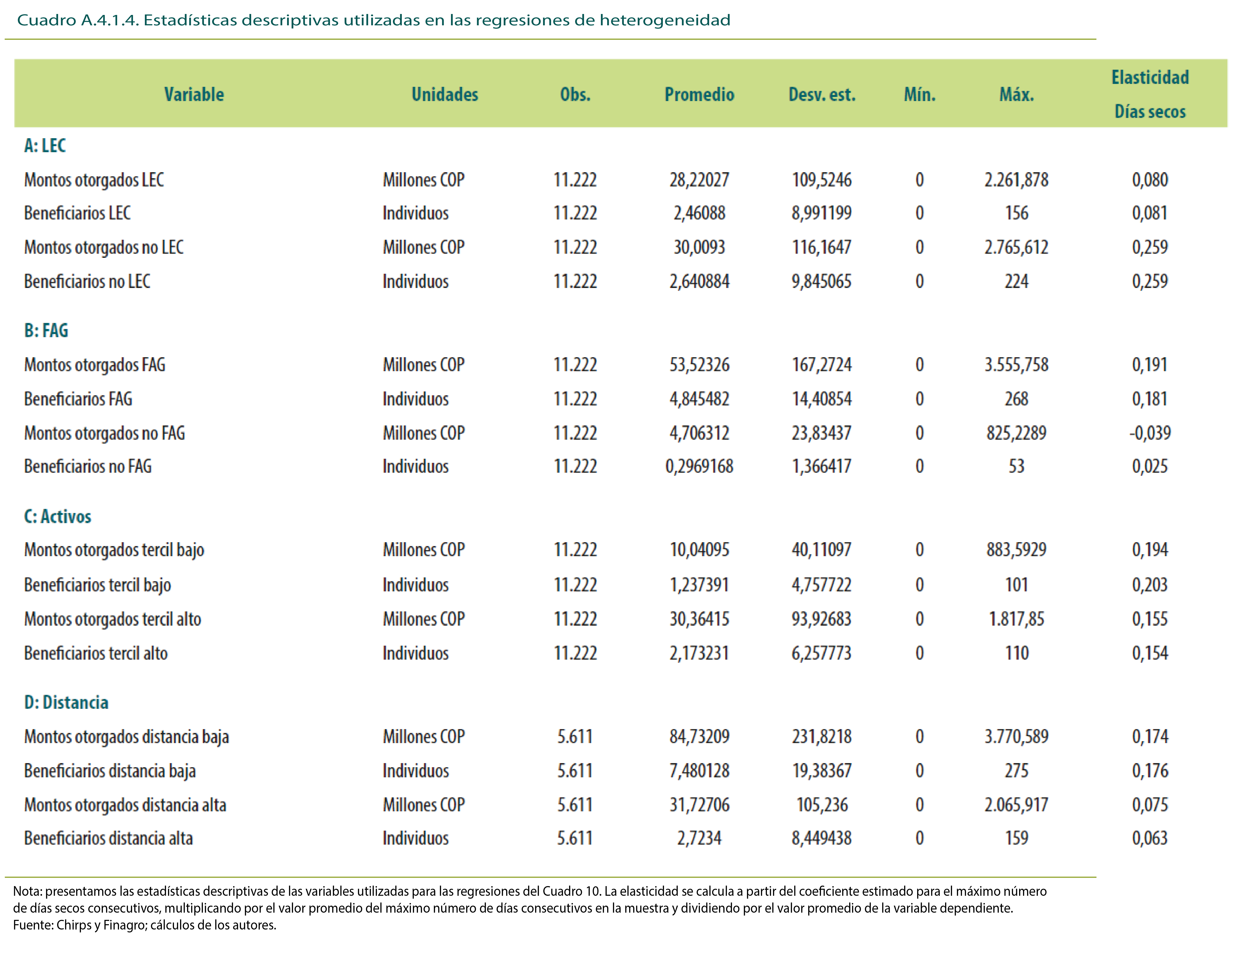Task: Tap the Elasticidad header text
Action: click(x=1150, y=77)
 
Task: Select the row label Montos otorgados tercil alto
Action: click(x=113, y=619)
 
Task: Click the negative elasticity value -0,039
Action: click(x=1150, y=433)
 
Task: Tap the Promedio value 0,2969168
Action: click(x=699, y=466)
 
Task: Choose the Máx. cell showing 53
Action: click(x=1016, y=466)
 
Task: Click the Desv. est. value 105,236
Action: click(x=822, y=805)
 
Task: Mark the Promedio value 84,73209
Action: click(x=699, y=737)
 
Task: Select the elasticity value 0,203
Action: click(x=1150, y=585)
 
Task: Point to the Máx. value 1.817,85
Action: click(x=1016, y=619)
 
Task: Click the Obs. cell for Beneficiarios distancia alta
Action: click(x=575, y=838)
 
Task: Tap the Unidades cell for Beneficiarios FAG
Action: click(x=415, y=399)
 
